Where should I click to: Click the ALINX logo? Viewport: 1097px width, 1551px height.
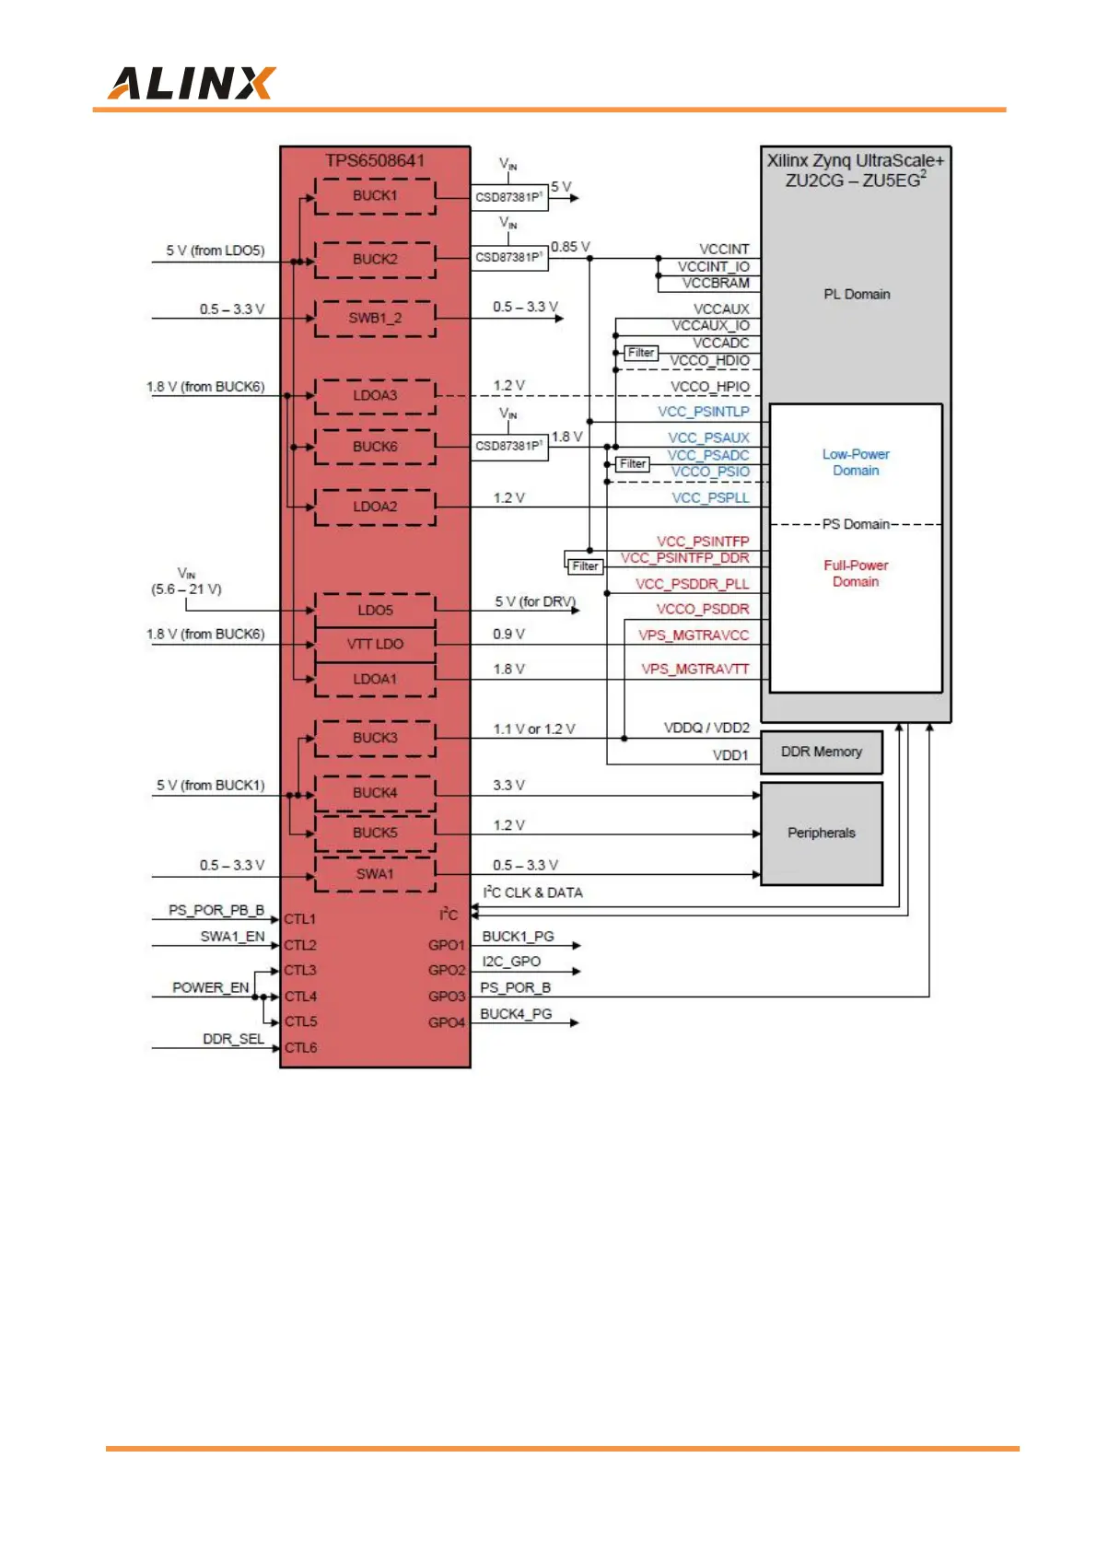pos(192,84)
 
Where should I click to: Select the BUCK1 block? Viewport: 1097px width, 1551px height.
pos(375,196)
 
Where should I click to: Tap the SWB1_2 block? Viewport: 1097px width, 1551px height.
pos(375,319)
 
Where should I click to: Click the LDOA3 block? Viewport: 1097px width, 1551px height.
pos(375,396)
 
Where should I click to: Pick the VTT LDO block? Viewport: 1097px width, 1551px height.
pos(375,645)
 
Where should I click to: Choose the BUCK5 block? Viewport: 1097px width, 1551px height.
pos(375,834)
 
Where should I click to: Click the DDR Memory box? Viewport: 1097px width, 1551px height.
pos(821,752)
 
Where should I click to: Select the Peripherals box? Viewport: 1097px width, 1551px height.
pos(821,834)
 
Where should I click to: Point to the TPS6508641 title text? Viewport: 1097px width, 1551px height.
pos(375,161)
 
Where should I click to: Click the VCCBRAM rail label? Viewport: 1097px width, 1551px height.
pos(716,284)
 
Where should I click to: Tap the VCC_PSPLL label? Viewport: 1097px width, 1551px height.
pos(710,498)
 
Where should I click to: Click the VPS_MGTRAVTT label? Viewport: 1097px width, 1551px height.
pos(695,670)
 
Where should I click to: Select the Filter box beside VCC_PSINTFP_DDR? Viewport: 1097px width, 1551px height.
pos(585,566)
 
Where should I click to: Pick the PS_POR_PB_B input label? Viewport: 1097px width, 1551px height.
pos(216,911)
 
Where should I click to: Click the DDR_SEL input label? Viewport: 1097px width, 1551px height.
pos(233,1040)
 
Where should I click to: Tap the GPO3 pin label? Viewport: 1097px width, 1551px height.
pos(447,997)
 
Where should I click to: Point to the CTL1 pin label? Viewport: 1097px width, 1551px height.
pos(300,919)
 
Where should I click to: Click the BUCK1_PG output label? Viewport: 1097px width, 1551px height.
pos(518,937)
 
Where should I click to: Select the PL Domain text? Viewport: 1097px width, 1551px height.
pos(857,295)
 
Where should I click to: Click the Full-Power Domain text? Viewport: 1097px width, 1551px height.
pos(856,574)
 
